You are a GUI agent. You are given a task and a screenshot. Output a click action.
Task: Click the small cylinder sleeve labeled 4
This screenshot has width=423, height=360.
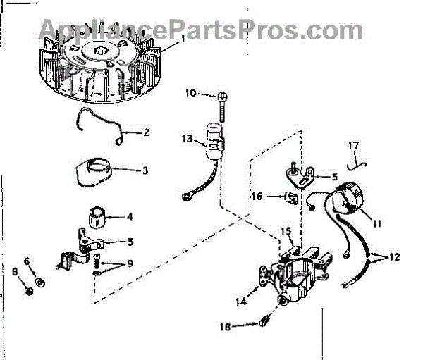click(96, 216)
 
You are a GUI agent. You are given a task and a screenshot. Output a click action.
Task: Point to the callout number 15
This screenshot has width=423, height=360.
click(286, 231)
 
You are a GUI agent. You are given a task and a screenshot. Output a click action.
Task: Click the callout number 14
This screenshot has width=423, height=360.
click(242, 301)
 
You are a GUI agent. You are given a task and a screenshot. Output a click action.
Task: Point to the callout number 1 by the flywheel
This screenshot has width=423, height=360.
click(183, 39)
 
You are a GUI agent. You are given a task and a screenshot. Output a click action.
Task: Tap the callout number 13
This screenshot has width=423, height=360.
click(186, 139)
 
